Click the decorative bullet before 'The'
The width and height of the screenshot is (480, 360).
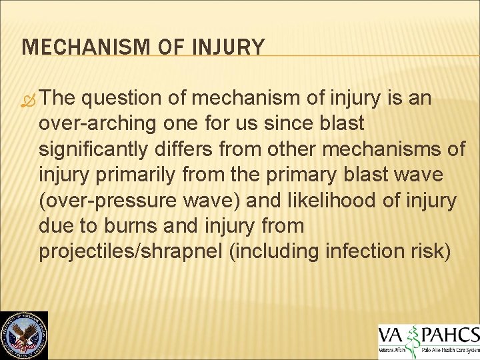point(29,99)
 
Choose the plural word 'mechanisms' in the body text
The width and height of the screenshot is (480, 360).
point(377,149)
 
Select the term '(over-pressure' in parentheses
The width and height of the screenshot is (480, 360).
point(103,201)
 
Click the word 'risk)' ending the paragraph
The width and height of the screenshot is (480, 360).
point(437,252)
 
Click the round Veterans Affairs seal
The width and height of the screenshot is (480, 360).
point(24,335)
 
